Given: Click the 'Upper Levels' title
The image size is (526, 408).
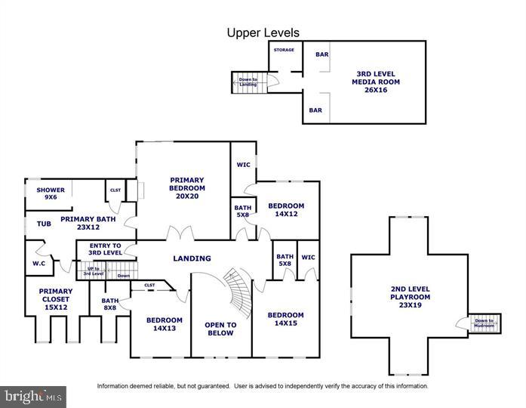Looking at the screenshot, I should [263, 32].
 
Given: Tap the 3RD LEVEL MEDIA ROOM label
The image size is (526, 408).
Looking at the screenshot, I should [375, 82].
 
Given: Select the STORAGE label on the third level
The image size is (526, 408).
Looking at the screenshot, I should [284, 50].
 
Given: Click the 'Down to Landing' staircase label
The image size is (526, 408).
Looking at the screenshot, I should [248, 82].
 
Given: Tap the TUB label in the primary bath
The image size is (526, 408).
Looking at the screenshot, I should [42, 224].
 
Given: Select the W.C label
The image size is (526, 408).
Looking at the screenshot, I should [39, 264].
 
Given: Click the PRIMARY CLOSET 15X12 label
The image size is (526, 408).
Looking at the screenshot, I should [56, 300].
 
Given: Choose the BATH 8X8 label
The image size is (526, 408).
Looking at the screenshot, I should [110, 304].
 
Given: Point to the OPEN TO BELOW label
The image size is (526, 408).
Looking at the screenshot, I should [220, 329].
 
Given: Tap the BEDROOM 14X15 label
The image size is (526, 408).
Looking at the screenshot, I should [286, 320].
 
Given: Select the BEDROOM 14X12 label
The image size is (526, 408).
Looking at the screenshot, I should [286, 210].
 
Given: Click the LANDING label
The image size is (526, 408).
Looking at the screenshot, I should [192, 258].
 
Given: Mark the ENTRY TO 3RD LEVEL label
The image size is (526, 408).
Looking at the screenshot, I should [105, 250].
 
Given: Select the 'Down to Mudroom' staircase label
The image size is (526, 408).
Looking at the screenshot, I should [484, 323].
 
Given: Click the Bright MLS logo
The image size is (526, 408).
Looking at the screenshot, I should [33, 396].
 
